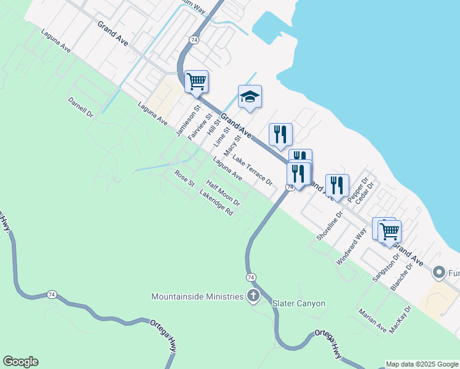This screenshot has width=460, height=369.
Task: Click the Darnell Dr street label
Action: click(81, 106)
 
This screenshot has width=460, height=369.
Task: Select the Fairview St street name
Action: click(200, 127)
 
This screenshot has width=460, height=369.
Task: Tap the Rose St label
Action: click(184, 178)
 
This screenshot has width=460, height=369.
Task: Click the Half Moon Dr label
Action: click(223, 192)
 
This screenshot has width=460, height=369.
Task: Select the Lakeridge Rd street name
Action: click(216, 202)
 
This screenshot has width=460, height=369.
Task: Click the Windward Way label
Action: click(351, 246)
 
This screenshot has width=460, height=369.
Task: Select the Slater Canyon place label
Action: click(299, 304)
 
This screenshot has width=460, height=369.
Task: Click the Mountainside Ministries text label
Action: click(197, 296)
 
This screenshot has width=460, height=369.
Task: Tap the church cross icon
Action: click(253, 296)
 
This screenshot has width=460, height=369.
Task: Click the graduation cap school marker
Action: click(250, 97)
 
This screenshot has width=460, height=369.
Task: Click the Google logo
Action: click(20, 362)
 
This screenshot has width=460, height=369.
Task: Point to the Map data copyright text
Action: click(422, 364)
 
